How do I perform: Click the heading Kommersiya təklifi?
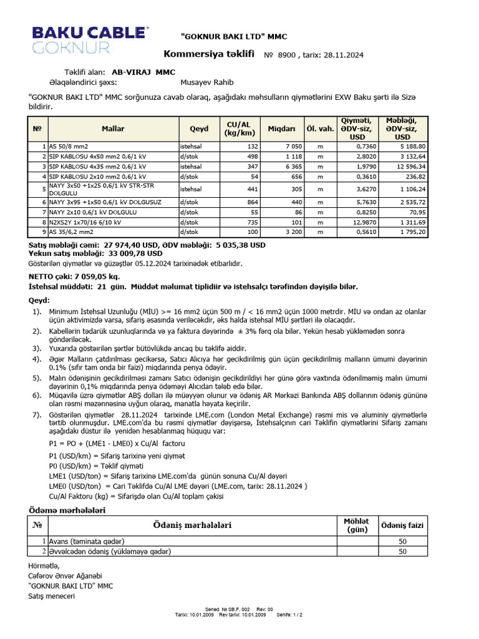point(210,55)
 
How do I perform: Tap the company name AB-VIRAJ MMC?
point(143,72)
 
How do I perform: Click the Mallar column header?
point(112,129)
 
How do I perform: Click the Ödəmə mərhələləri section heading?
point(68,510)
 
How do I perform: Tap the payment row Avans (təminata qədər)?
point(87,541)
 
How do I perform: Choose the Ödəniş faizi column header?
point(402,525)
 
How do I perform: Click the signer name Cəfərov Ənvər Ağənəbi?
point(65,575)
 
